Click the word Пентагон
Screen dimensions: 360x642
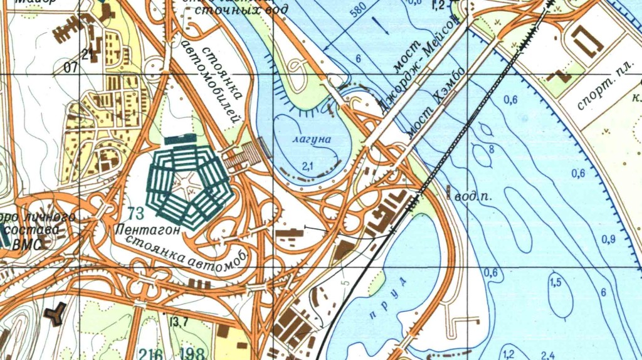149,230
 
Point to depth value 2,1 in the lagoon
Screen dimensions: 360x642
307,166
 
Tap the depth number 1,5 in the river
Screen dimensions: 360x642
555,283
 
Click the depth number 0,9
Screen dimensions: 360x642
608,240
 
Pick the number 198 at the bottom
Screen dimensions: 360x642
191,353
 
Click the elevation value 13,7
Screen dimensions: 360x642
178,322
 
